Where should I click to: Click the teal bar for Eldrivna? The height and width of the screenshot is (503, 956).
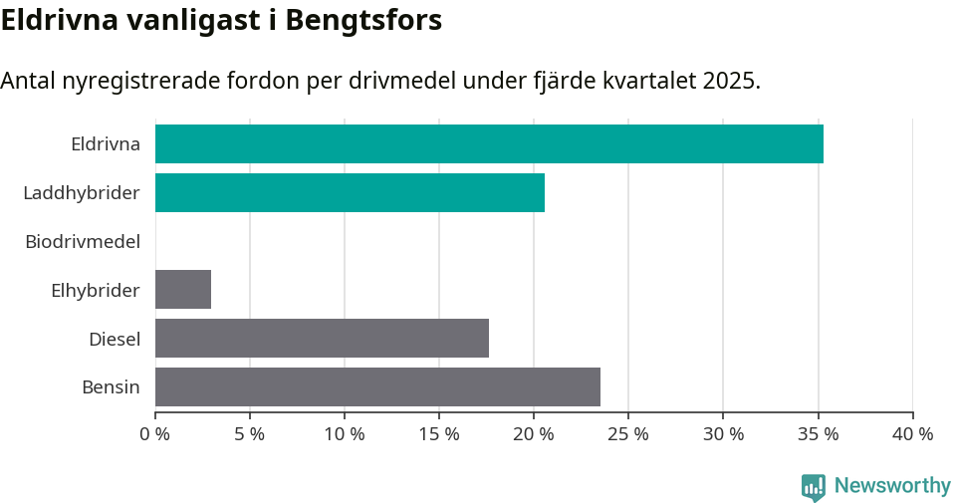tap(489, 143)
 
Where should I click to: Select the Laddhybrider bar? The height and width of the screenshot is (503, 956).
tap(350, 192)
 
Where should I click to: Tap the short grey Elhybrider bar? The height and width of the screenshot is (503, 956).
tap(183, 289)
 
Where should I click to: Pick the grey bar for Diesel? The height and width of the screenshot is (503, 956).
tap(322, 338)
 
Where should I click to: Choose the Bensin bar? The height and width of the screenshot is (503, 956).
tap(377, 386)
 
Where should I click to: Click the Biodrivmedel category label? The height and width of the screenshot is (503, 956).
tap(83, 241)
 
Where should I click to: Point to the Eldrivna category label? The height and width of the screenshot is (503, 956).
tap(106, 143)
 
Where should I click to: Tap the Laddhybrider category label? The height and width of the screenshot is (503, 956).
tap(82, 192)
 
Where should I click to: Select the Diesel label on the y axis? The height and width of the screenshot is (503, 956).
tap(115, 339)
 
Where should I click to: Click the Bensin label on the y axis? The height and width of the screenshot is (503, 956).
tap(112, 386)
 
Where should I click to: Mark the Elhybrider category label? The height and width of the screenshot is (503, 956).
tap(96, 290)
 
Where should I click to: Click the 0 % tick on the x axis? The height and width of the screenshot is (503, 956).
tap(155, 434)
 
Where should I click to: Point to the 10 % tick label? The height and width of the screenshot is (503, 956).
tap(345, 434)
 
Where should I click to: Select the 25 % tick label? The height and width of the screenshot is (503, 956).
tap(628, 434)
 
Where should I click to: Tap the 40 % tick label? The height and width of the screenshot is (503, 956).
tap(912, 434)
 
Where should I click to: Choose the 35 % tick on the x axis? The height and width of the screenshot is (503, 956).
tap(818, 434)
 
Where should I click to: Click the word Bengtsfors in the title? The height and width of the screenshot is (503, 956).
tap(363, 20)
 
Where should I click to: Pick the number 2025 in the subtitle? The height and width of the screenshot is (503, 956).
tap(730, 81)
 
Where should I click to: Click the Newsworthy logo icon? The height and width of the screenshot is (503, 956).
tap(814, 486)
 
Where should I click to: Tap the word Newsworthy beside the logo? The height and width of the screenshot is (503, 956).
tap(892, 485)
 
